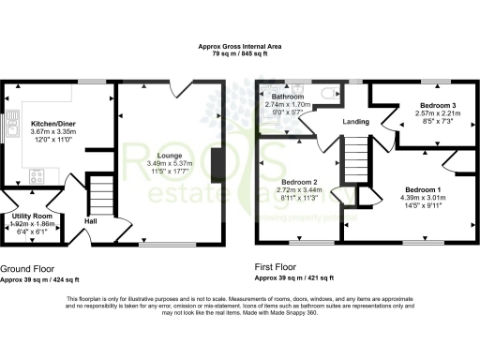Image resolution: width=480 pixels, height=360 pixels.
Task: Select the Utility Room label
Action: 31,217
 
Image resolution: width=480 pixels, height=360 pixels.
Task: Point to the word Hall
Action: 91,221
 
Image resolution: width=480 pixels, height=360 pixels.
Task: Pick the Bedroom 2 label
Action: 298,182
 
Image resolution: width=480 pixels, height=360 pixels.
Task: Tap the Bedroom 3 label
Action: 438,105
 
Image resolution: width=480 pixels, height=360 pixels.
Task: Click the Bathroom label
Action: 288,97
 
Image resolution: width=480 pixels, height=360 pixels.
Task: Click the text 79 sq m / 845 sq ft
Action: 239,54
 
